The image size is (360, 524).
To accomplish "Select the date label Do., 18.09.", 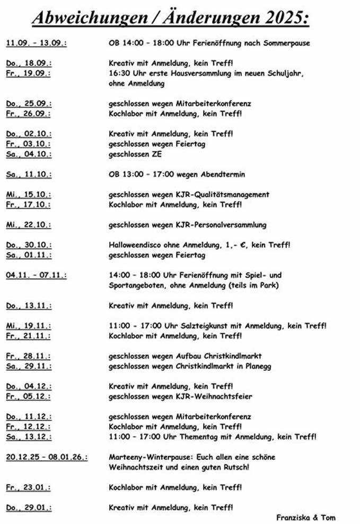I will (x=29, y=64).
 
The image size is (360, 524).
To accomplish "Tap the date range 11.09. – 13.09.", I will (x=37, y=43).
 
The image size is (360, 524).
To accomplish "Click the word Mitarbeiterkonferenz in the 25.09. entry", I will (x=216, y=104).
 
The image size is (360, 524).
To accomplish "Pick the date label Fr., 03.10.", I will (x=29, y=144).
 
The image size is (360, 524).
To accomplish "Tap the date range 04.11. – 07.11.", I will (x=37, y=276).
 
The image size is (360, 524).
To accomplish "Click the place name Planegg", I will (x=236, y=366).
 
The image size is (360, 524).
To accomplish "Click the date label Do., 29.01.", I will (x=29, y=508).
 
